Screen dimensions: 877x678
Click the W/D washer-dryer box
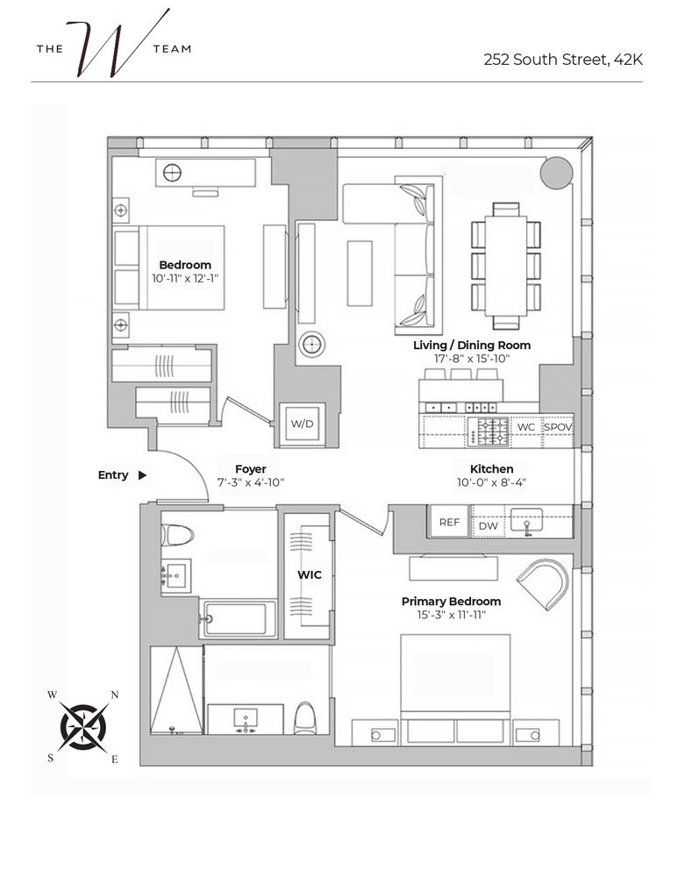point(302,424)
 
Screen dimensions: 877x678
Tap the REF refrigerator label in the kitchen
point(449,523)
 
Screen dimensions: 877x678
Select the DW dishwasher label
point(488,526)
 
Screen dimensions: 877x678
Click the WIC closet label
point(309,575)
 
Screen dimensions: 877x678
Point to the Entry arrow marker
point(143,475)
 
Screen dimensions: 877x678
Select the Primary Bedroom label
point(451,602)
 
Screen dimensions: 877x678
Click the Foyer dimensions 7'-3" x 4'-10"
point(251,482)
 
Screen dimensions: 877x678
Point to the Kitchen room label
point(491,469)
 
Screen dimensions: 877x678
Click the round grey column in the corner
point(556,172)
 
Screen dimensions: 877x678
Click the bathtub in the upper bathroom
point(239,618)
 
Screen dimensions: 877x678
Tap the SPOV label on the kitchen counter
point(558,427)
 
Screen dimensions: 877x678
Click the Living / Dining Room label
point(472,346)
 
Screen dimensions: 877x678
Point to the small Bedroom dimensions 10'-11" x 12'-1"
point(185,278)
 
